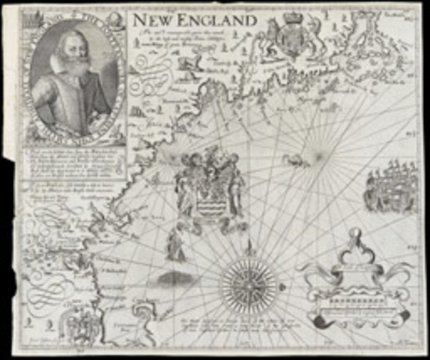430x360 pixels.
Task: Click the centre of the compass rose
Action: (248, 285)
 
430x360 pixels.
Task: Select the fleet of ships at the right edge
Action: (389, 191)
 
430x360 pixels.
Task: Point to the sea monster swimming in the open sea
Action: (297, 158)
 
